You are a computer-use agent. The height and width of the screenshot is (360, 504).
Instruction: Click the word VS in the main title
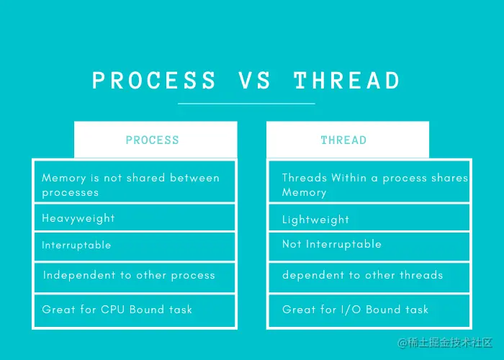[x=254, y=80]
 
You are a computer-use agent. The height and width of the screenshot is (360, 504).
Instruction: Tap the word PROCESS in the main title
[x=154, y=80]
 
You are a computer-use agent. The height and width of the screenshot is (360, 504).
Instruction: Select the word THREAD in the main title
[x=347, y=80]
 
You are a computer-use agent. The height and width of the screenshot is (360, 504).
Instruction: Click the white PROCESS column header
[x=156, y=140]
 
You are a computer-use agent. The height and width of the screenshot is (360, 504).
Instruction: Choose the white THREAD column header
[x=348, y=140]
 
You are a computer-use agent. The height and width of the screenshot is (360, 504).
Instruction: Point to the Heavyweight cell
[x=135, y=217]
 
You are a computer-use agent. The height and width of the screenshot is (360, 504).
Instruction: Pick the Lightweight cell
[x=369, y=217]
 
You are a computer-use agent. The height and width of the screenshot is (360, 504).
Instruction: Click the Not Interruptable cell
[x=369, y=246]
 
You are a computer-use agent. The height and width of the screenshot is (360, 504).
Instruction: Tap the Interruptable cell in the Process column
[x=135, y=246]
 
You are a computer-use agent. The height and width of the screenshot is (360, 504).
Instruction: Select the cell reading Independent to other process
[x=135, y=278]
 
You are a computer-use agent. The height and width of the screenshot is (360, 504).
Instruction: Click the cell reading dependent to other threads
[x=369, y=278]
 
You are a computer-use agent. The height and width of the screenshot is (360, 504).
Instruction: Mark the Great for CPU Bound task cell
[x=135, y=310]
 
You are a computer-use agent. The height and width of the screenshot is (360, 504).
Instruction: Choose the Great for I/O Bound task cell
[x=369, y=310]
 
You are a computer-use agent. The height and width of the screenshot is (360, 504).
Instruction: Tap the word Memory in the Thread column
[x=304, y=192]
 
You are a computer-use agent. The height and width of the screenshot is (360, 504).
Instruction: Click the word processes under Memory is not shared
[x=70, y=193]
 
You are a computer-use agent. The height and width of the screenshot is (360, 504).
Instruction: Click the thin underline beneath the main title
[x=246, y=104]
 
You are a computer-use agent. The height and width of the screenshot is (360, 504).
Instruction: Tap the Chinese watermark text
[x=445, y=343]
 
